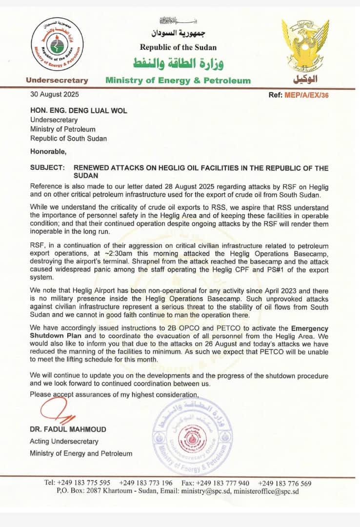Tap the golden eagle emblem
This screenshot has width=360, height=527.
tap(304, 46)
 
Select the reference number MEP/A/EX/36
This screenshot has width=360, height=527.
tap(306, 95)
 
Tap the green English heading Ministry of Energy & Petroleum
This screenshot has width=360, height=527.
tap(178, 81)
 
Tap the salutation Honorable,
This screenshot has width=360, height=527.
tap(47, 151)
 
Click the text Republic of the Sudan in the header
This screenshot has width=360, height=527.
tap(178, 47)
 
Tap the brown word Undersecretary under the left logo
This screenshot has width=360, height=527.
tap(57, 81)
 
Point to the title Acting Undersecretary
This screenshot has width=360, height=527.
tap(64, 441)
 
